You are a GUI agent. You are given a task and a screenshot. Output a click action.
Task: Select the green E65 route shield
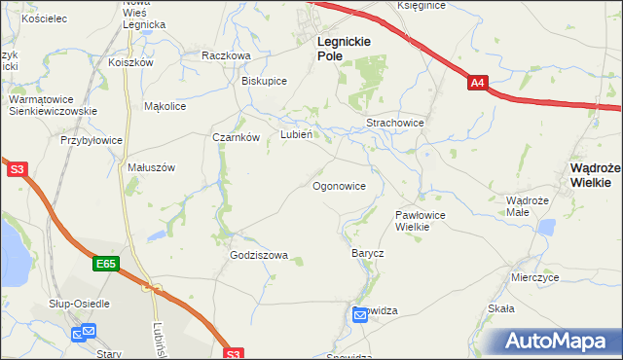coord(107,264)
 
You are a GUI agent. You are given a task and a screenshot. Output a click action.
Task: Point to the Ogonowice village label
coord(340,185)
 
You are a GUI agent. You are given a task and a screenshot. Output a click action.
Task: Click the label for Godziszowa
coord(259,256)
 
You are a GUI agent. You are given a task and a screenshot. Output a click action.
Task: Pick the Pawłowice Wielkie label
coord(420,220)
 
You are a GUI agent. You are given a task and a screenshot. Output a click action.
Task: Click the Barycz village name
coord(367,253)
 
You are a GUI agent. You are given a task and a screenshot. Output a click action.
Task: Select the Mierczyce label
coord(534,277)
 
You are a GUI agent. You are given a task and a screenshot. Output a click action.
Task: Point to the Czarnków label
coord(236,138)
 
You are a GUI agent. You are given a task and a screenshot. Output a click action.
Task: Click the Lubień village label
coord(296,134)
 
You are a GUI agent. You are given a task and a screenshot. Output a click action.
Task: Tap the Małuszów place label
coord(151,167)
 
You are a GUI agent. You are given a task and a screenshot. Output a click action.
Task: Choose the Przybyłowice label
coord(92,140)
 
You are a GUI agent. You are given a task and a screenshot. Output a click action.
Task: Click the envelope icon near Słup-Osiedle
coord(83,334)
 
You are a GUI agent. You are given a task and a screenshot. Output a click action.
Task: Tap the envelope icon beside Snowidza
coord(360,313)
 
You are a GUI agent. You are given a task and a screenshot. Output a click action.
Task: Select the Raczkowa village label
coord(226,56)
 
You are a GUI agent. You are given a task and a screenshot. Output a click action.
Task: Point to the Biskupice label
coord(264,81)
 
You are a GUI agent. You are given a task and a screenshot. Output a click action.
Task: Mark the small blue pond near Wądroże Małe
coord(546,228)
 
